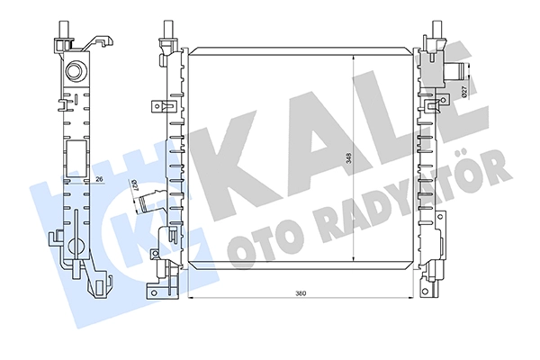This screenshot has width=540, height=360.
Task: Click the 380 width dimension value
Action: coord(301,293)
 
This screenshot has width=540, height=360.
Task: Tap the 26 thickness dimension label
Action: coord(99,179)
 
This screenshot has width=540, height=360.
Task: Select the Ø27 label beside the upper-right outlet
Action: coord(463,91)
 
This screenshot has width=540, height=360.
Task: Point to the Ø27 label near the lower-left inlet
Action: coord(135,185)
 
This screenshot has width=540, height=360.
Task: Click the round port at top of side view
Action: coord(75,71)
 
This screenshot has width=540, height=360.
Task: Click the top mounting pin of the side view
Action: coord(65,29)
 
